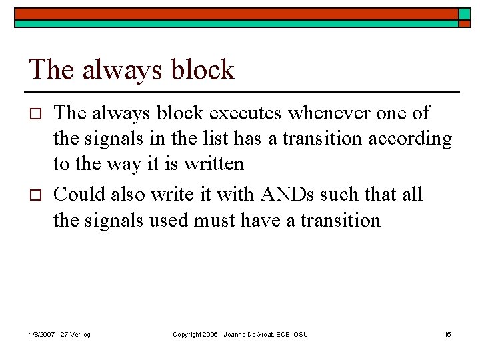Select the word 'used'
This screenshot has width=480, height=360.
(167, 220)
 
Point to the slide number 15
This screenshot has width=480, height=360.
(447, 334)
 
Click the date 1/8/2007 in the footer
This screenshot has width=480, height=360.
(43, 334)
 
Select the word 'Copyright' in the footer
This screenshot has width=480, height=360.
(188, 334)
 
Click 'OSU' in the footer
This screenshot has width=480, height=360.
(300, 334)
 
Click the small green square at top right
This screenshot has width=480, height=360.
(464, 14)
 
